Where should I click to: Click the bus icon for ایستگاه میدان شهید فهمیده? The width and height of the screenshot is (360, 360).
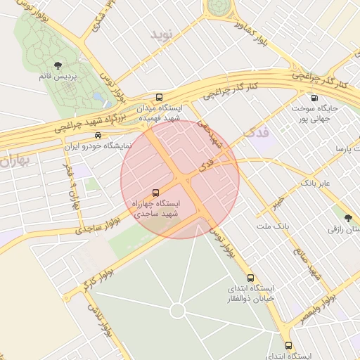[x=160, y=98]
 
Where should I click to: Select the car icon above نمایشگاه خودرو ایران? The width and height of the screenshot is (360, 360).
[x=98, y=136]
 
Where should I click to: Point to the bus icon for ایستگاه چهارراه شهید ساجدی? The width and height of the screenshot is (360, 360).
[x=155, y=192]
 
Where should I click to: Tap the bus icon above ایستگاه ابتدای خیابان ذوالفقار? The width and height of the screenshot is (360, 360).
[x=251, y=278]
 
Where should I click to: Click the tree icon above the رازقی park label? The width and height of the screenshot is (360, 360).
[x=348, y=217]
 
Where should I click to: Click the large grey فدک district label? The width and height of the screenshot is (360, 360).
[x=256, y=132]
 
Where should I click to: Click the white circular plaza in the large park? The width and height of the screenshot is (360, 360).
[x=177, y=310]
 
